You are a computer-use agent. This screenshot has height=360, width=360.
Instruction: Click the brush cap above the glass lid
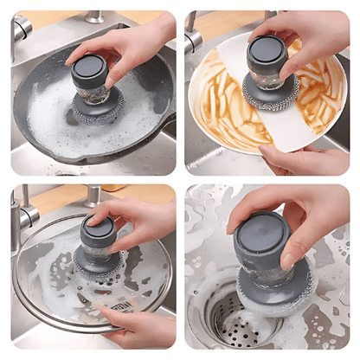click(97, 230)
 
